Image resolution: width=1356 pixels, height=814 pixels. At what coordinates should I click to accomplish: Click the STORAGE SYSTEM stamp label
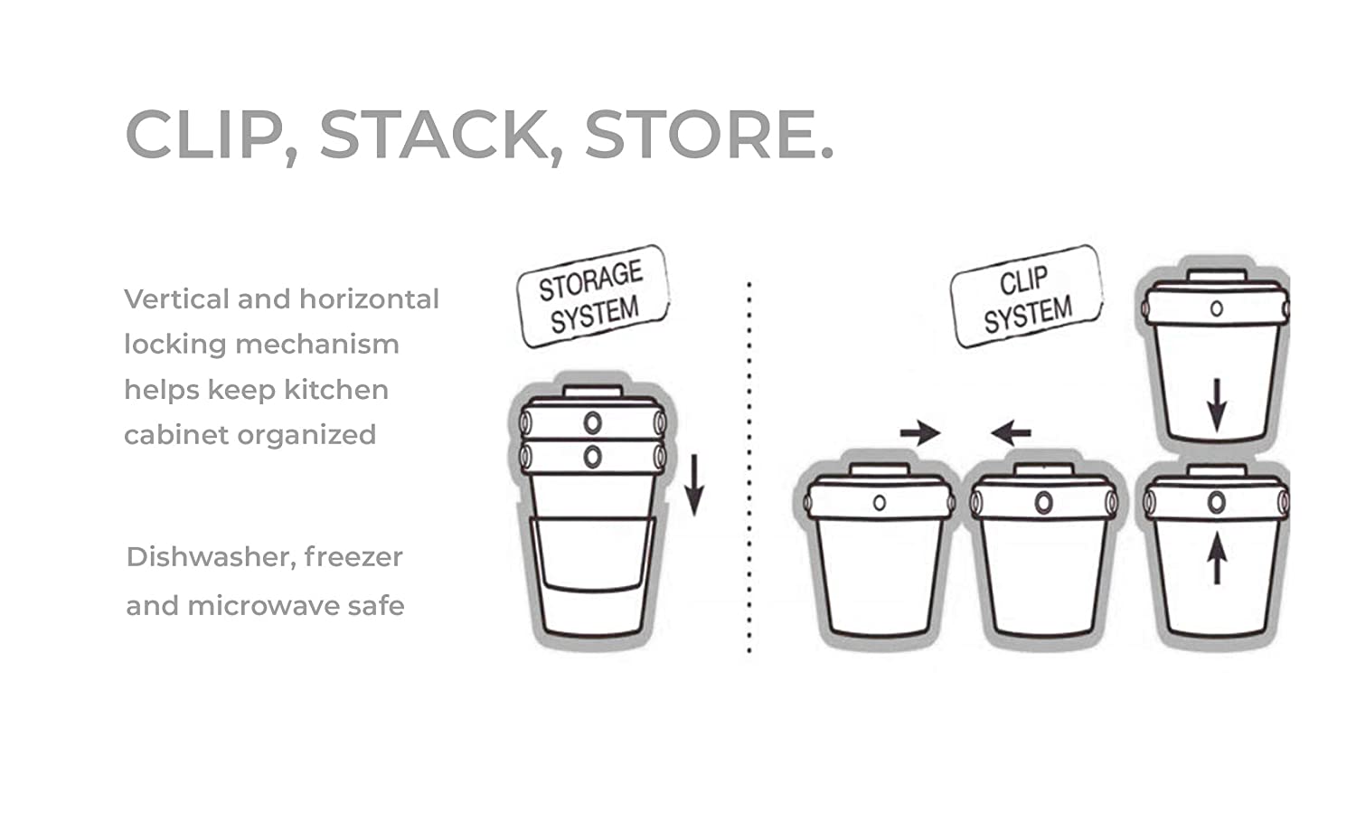pyautogui.click(x=593, y=296)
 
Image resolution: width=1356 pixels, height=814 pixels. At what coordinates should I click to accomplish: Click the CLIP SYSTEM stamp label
pyautogui.click(x=1026, y=296)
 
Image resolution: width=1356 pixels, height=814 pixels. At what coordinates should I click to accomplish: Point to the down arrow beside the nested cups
pyautogui.click(x=694, y=485)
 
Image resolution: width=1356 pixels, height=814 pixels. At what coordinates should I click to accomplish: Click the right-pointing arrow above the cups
pyautogui.click(x=920, y=433)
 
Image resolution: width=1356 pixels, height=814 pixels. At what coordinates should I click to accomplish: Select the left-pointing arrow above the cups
pyautogui.click(x=1011, y=433)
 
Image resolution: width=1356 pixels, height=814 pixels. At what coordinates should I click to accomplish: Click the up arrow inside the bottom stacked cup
pyautogui.click(x=1217, y=561)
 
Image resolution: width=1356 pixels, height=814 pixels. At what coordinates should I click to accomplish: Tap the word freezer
pyautogui.click(x=353, y=557)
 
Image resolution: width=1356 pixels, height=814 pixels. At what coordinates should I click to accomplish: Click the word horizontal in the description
pyautogui.click(x=369, y=299)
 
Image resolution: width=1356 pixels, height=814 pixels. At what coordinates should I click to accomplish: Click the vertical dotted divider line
pyautogui.click(x=749, y=467)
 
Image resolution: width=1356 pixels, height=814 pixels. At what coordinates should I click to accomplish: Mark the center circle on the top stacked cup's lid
pyautogui.click(x=1217, y=309)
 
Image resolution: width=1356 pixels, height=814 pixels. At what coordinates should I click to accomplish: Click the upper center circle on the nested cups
pyautogui.click(x=593, y=422)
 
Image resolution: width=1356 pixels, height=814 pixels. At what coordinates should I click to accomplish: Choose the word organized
pyautogui.click(x=306, y=435)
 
